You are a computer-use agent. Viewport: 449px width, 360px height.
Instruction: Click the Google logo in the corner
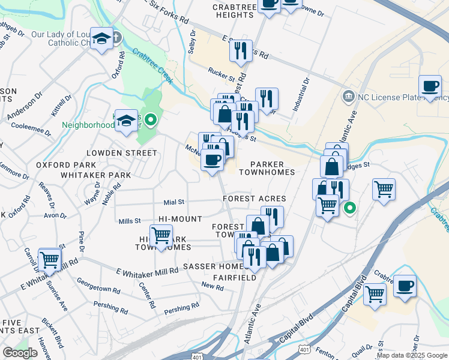click(20, 353)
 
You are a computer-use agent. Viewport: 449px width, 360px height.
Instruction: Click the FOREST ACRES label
click(254, 199)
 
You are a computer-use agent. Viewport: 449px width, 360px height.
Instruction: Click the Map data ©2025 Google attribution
click(412, 355)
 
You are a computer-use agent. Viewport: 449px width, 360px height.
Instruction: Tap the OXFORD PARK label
click(66, 164)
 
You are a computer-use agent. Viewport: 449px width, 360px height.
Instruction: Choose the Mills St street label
click(130, 221)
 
